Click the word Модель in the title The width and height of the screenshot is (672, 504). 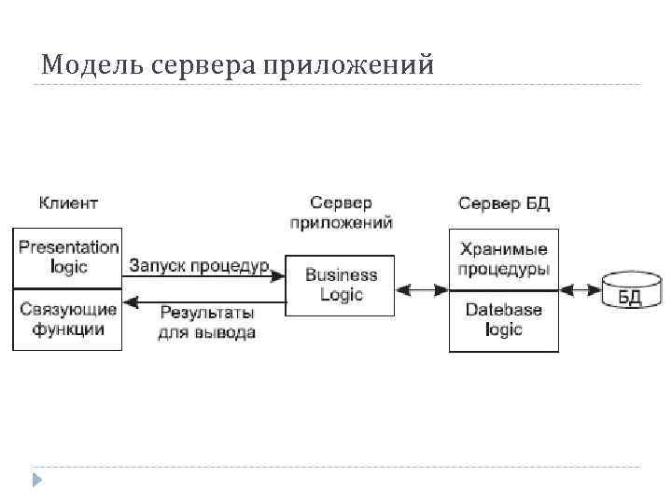point(87,65)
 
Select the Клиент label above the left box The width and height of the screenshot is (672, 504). point(68,203)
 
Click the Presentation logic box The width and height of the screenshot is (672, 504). point(67,258)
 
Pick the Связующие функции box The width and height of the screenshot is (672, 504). point(67,319)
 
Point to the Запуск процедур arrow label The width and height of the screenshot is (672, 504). point(199,266)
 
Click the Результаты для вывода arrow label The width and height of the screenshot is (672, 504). point(206,322)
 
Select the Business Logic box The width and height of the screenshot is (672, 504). point(341,285)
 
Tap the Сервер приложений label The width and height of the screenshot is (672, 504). point(341,213)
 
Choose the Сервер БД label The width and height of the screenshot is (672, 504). point(504,203)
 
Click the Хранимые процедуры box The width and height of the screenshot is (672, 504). point(504,259)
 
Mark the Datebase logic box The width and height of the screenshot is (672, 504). point(504,320)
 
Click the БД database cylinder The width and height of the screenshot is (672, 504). point(631,290)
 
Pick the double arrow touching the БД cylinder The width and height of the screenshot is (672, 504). point(580,290)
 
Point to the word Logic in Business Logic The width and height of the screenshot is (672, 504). point(341,295)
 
